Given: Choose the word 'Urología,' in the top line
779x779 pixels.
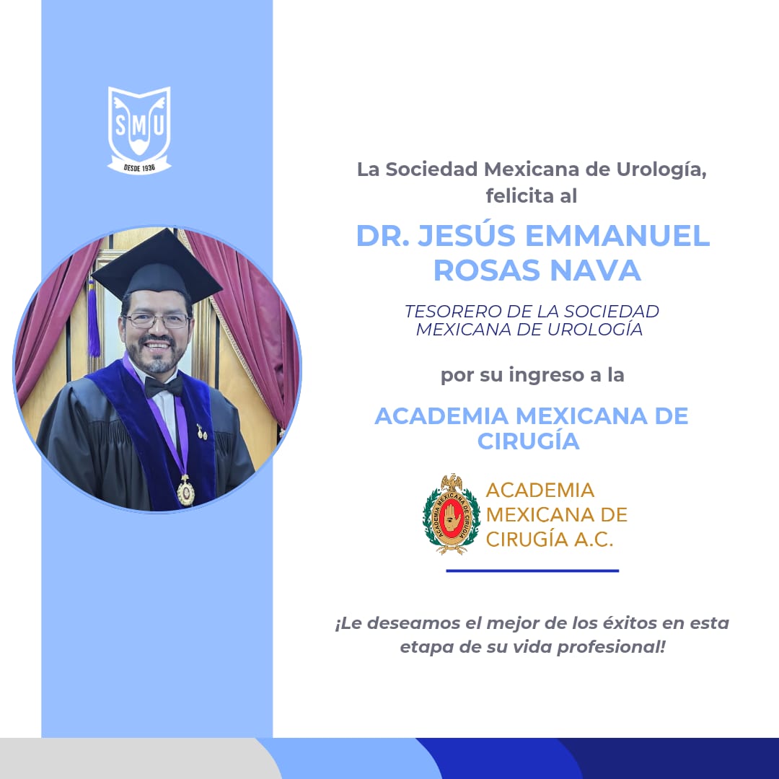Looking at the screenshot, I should click(x=652, y=170).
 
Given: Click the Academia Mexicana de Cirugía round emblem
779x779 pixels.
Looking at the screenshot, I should click(x=452, y=514).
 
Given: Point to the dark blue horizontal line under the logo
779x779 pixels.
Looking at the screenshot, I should click(x=532, y=571).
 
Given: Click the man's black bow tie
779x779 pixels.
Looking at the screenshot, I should click(x=164, y=386).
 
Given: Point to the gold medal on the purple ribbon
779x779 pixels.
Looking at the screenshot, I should click(x=185, y=492).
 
